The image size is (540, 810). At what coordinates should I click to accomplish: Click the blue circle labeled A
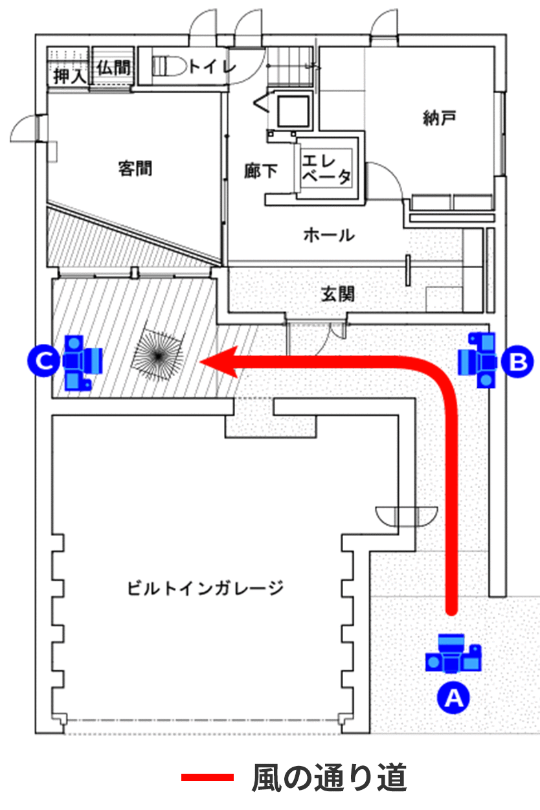tap(454, 697)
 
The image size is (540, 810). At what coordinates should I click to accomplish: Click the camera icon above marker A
tap(454, 655)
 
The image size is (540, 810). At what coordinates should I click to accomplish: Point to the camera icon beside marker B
tap(479, 359)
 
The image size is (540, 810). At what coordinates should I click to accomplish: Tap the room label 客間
tap(135, 169)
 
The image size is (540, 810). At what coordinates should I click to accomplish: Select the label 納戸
tap(439, 118)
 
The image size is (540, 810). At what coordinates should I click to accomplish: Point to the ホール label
tap(329, 234)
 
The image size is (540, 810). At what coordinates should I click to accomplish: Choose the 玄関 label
tap(337, 294)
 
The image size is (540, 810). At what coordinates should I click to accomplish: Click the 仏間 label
tap(113, 66)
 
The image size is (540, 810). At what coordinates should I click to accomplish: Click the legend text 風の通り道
tap(330, 778)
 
